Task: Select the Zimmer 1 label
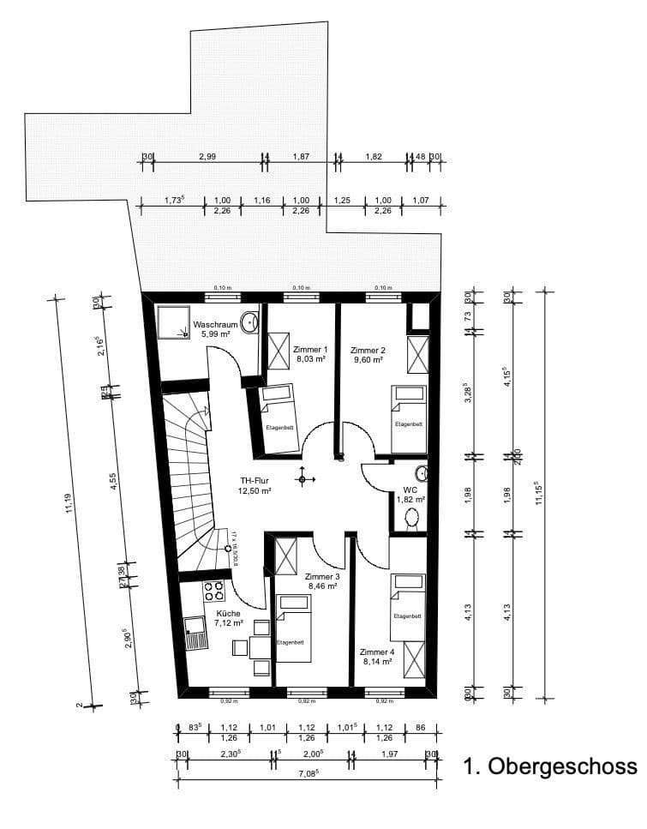[x=309, y=350]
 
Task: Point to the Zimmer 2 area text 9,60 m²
[x=368, y=361]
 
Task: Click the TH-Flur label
[x=255, y=481]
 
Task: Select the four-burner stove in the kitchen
[x=214, y=591]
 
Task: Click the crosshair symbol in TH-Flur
[x=301, y=478]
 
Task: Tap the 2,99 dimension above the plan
[x=207, y=155]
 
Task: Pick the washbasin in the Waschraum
[x=249, y=323]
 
